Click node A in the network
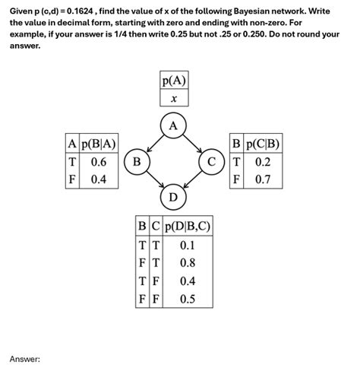coord(173,125)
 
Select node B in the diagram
coord(137,162)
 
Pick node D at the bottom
coord(173,198)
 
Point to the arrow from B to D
coord(154,180)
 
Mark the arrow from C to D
coord(193,180)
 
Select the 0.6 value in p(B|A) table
coord(99,162)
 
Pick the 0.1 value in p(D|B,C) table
coord(188,245)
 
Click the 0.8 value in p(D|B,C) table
coord(188,263)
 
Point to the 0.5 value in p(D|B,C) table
coord(188,299)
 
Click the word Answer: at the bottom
coord(24,358)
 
